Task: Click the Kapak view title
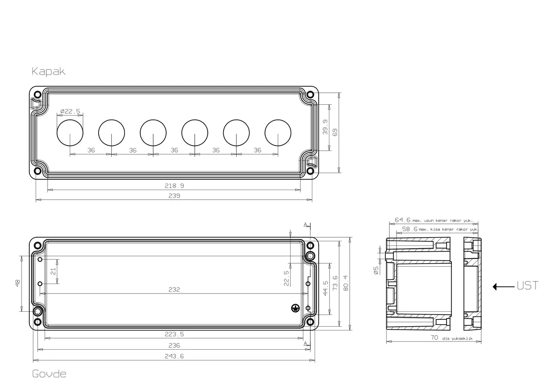[x=48, y=72]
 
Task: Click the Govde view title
[x=49, y=374]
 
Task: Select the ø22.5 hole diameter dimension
[x=70, y=111]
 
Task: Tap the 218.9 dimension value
[x=174, y=186]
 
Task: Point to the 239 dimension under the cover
[x=174, y=195]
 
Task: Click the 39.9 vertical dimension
[x=325, y=127]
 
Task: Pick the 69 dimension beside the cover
[x=334, y=132]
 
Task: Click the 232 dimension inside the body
[x=174, y=289]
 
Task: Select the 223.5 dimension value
[x=174, y=334]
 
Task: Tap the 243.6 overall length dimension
[x=174, y=356]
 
